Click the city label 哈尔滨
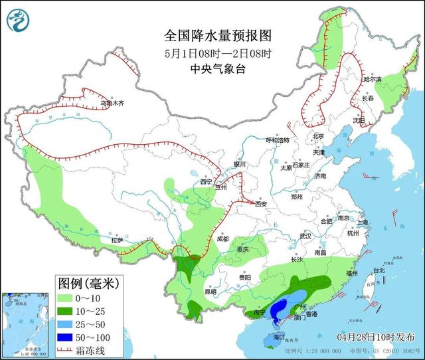coord(373,79)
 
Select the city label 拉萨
coord(117,241)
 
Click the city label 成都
coord(221,239)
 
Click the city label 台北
coord(378,270)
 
